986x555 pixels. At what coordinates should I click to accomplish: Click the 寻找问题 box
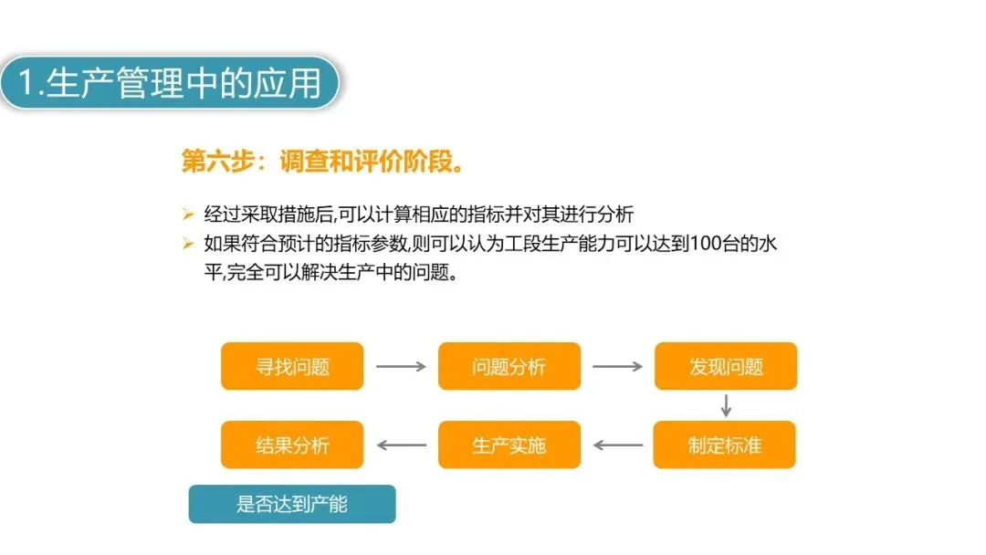coord(292,366)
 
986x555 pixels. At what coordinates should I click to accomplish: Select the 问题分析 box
coord(509,366)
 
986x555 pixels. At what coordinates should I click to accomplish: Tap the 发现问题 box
coord(725,366)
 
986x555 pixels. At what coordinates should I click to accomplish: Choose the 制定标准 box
coord(724,445)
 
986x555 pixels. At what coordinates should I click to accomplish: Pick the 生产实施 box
coord(509,445)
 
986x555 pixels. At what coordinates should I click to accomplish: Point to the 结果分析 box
coord(292,445)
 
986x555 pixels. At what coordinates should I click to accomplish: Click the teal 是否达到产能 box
coord(292,504)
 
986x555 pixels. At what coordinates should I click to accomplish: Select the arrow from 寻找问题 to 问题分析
coord(401,366)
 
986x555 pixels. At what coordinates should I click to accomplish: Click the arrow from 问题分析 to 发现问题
coord(617,366)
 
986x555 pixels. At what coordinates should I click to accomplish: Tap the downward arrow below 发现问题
coord(726,404)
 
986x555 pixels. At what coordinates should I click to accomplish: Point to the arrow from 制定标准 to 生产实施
coord(618,445)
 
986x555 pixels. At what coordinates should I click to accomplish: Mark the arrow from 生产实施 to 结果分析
coord(402,445)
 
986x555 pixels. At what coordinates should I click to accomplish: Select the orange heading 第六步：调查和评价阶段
coord(324,163)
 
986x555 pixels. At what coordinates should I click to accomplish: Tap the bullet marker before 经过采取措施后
coord(188,215)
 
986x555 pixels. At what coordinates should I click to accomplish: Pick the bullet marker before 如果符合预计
coord(188,244)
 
